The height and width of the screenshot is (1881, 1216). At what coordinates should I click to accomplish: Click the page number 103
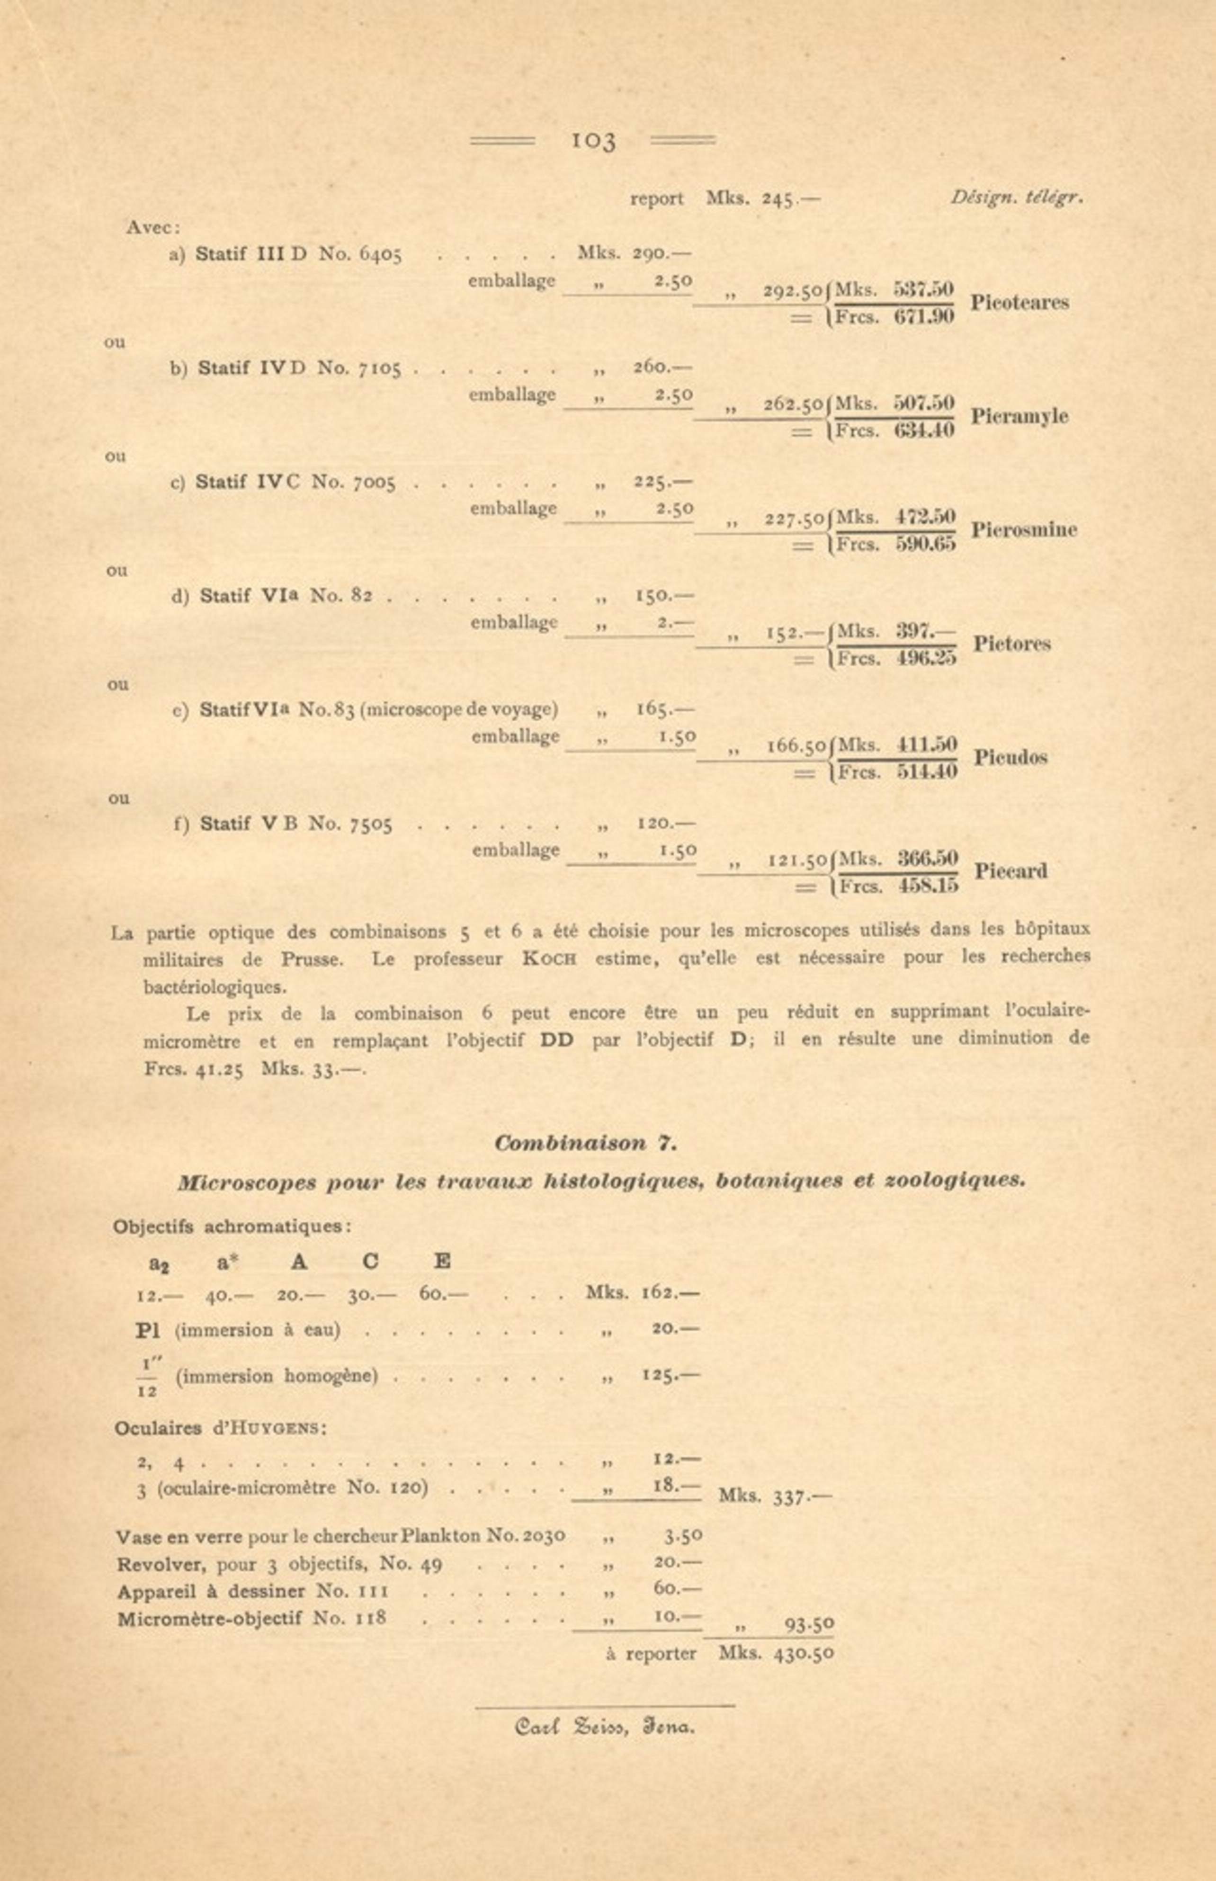pyautogui.click(x=592, y=141)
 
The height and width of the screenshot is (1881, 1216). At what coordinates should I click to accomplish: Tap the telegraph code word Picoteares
pyautogui.click(x=1019, y=303)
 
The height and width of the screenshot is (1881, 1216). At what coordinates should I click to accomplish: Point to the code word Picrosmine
pyautogui.click(x=1023, y=530)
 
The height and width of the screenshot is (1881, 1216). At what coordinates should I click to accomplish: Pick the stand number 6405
pyautogui.click(x=381, y=254)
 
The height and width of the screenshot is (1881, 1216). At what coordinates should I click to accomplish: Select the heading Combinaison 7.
pyautogui.click(x=585, y=1143)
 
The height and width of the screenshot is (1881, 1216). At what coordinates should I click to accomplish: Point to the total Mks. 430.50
pyautogui.click(x=776, y=1654)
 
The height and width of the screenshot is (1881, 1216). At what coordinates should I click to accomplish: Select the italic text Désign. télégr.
pyautogui.click(x=1016, y=198)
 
